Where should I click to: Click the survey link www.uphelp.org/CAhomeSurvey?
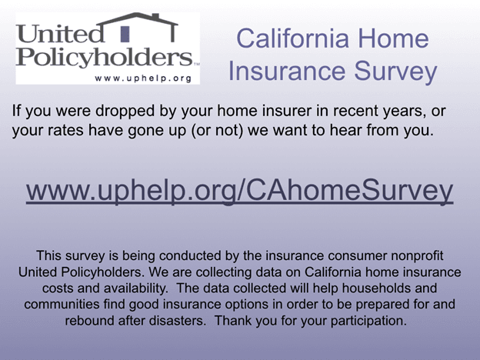239,192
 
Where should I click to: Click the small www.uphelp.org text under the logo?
143,78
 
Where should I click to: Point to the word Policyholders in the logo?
104,56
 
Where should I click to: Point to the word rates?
64,130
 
